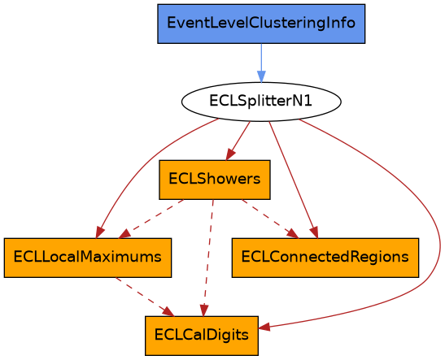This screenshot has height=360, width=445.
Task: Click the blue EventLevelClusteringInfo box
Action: (x=261, y=24)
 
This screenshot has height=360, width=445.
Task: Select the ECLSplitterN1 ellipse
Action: (x=261, y=102)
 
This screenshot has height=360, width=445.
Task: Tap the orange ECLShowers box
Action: (x=215, y=180)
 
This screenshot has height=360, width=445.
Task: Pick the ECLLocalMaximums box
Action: (x=88, y=258)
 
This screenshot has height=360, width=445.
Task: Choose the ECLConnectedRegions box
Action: (x=325, y=258)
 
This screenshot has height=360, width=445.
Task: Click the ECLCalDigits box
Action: (x=202, y=336)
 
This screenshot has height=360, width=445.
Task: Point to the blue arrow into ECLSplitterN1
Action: (x=261, y=63)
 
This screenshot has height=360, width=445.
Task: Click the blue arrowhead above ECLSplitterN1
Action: (x=261, y=77)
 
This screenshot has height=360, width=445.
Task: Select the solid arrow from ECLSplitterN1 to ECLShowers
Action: (x=238, y=141)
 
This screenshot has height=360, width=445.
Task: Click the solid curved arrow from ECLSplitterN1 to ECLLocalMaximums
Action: (x=145, y=164)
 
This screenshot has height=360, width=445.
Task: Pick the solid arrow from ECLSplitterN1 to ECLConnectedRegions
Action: (x=294, y=180)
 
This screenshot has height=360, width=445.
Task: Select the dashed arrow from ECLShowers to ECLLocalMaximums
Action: (x=151, y=219)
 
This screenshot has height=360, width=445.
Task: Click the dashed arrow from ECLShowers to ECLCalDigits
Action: (x=208, y=258)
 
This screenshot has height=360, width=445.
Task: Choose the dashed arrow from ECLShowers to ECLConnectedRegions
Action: (x=270, y=219)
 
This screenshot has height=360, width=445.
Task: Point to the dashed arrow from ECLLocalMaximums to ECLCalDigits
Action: (x=145, y=297)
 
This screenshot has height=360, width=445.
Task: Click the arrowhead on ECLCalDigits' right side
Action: (x=264, y=327)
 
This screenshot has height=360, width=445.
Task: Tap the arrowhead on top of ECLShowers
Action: (x=230, y=154)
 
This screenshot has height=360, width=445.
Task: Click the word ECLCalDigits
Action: (x=202, y=335)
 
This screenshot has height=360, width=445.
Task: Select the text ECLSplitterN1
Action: (x=261, y=101)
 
